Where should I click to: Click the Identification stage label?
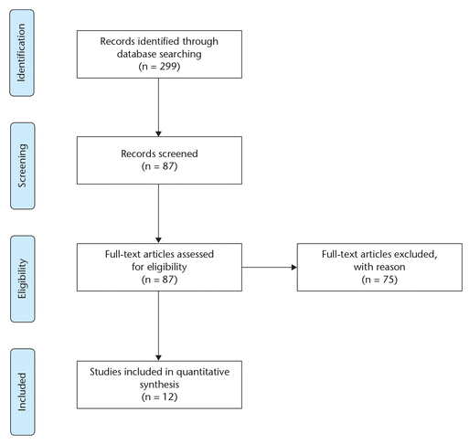(x=22, y=53)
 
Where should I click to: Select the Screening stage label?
(x=22, y=165)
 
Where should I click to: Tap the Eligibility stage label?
(x=22, y=279)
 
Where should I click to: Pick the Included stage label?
(x=22, y=392)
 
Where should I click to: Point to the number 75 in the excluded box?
(x=389, y=280)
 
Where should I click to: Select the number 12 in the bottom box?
(x=168, y=396)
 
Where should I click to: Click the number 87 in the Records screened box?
(x=168, y=166)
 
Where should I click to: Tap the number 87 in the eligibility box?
(x=168, y=280)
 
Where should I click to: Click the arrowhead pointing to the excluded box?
(x=294, y=268)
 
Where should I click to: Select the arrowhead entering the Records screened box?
(x=158, y=133)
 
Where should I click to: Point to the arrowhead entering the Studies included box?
(x=158, y=358)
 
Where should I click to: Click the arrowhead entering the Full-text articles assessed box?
(x=158, y=240)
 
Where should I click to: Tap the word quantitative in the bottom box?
(x=203, y=373)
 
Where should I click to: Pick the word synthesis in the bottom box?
(x=159, y=385)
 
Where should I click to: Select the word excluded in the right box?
(x=416, y=254)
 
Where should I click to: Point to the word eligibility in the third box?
(x=168, y=267)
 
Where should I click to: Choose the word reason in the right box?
(x=390, y=268)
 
